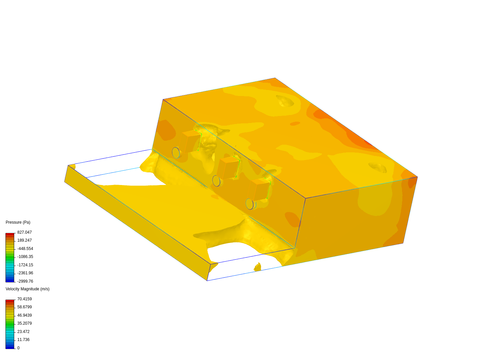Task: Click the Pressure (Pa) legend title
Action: point(18,222)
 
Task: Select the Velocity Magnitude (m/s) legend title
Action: point(27,289)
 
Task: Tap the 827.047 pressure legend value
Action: point(24,232)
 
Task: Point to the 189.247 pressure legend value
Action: point(24,240)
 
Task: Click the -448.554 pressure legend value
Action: point(25,249)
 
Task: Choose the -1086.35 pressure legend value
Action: point(25,257)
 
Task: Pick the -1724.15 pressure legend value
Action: point(25,265)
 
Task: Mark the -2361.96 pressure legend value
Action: point(25,273)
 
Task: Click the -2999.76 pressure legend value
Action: point(25,281)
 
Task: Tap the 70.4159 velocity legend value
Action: point(24,299)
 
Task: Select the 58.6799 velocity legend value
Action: point(24,307)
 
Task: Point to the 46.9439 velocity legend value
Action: point(24,315)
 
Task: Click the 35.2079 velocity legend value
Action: point(24,323)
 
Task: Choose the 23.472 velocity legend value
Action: point(23,332)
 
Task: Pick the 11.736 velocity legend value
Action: point(23,340)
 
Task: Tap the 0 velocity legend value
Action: point(18,348)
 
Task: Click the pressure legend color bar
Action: point(10,257)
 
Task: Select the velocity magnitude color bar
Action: point(10,324)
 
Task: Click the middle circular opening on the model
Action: point(216,181)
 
